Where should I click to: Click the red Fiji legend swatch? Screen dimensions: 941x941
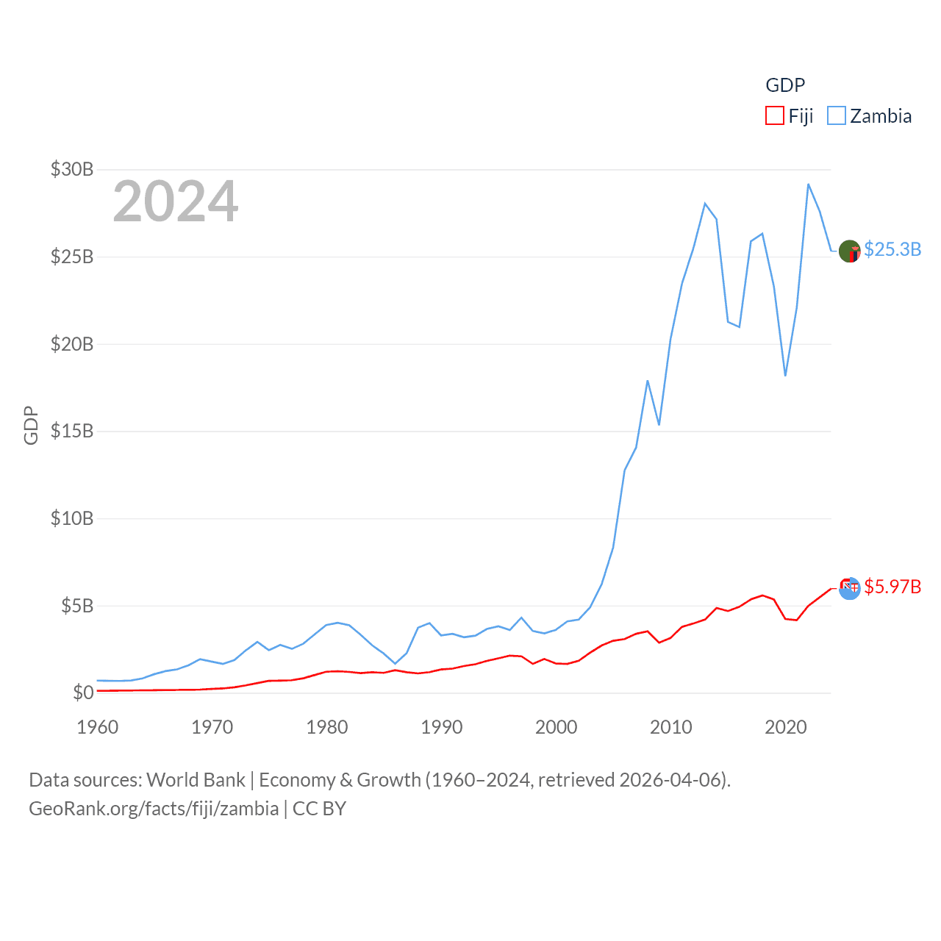click(775, 116)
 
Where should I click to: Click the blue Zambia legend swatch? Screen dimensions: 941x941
click(837, 116)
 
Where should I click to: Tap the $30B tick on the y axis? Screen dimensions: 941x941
click(72, 170)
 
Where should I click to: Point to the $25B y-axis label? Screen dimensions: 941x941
click(72, 257)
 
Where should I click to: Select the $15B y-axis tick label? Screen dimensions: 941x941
click(72, 431)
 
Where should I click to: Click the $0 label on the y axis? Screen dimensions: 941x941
click(83, 693)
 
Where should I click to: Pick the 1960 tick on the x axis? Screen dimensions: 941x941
click(98, 727)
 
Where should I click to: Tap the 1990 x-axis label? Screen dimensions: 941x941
click(442, 727)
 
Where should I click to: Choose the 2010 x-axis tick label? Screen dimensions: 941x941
click(671, 727)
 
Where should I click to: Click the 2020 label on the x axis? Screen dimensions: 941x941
click(786, 727)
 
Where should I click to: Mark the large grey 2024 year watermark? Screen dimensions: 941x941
click(176, 201)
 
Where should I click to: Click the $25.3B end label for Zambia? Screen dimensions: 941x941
click(892, 249)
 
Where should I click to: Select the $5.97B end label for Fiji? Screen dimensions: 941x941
click(892, 587)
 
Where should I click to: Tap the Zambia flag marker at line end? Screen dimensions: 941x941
click(850, 251)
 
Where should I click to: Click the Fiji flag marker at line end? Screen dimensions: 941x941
click(850, 587)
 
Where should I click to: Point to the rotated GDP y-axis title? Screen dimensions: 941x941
click(31, 425)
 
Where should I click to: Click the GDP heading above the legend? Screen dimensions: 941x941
click(785, 85)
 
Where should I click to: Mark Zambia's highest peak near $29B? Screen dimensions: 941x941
click(809, 185)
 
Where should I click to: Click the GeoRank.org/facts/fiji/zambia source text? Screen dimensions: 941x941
click(154, 809)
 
